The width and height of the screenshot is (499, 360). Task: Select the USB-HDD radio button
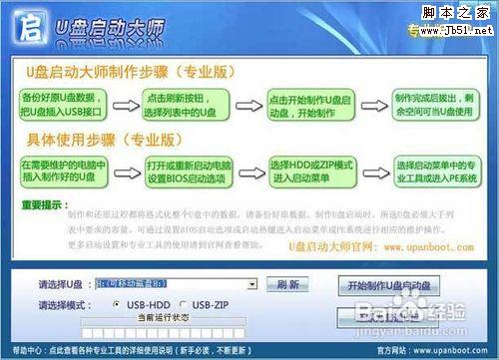click(x=120, y=303)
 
